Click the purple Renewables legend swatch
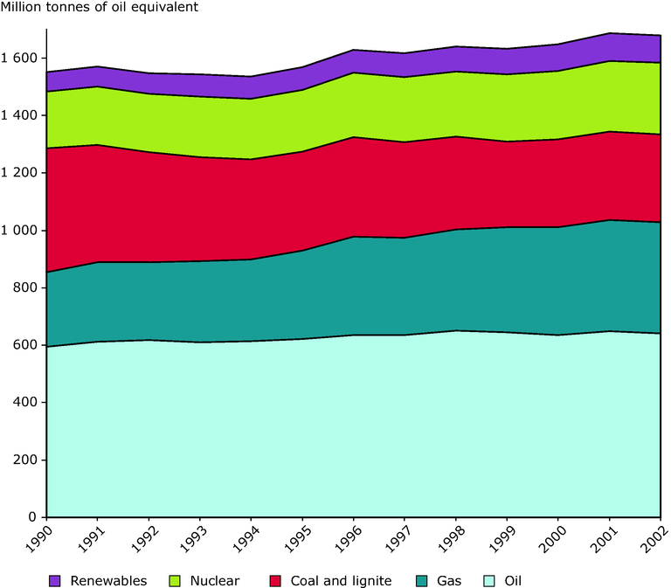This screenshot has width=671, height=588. click(55, 580)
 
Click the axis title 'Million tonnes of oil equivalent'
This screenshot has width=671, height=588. click(100, 8)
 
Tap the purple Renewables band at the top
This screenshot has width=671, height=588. click(349, 62)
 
